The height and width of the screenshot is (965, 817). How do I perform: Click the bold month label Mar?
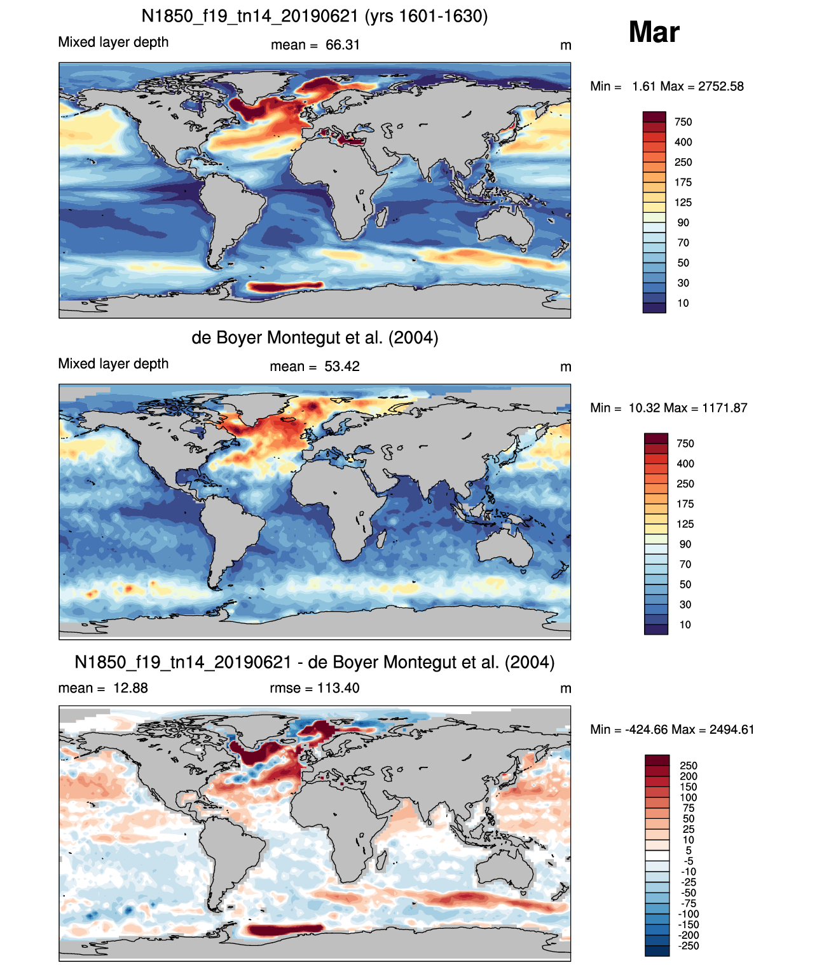click(x=654, y=32)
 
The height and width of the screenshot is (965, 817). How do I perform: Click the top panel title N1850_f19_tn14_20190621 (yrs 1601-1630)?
click(x=314, y=17)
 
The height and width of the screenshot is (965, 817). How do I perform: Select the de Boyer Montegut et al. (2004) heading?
click(x=315, y=337)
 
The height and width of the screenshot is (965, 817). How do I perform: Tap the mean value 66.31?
click(x=343, y=45)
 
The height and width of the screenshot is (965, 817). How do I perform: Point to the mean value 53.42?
click(x=342, y=367)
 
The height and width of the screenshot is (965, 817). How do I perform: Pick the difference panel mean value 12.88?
click(x=130, y=688)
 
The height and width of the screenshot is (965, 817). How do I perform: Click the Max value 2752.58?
click(x=721, y=86)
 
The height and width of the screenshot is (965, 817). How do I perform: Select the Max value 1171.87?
click(x=725, y=408)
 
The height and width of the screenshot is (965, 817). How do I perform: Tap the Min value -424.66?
click(x=642, y=730)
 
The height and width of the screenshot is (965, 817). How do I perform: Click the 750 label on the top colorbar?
click(x=683, y=123)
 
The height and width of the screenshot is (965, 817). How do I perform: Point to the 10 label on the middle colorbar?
click(x=685, y=624)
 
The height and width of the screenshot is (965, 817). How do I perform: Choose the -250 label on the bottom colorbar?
click(x=689, y=946)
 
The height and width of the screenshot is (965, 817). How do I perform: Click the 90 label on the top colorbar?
click(x=683, y=223)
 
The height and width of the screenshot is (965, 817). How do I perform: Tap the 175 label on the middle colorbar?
click(x=685, y=504)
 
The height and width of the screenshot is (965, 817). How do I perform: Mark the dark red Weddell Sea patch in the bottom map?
click(x=285, y=930)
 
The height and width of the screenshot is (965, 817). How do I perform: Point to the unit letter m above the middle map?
click(x=566, y=367)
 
